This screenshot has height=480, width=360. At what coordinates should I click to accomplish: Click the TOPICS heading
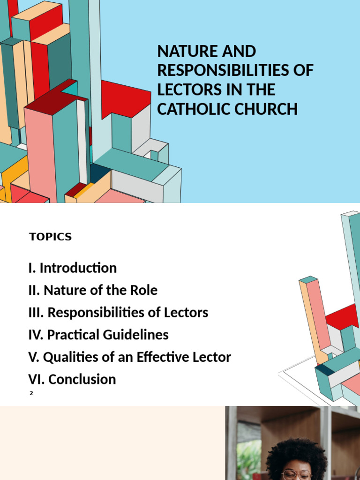click(50, 237)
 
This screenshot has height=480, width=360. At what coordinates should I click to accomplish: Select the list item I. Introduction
click(72, 268)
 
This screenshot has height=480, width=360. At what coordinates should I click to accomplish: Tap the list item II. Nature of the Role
click(93, 290)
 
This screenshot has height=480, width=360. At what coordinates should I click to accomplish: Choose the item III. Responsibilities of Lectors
click(118, 313)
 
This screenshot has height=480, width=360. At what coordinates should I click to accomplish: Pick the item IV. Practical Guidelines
click(98, 335)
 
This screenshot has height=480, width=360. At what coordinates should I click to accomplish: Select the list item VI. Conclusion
click(72, 379)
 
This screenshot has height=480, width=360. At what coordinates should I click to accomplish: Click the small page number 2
click(31, 393)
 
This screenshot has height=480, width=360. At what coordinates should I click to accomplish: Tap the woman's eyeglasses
click(296, 474)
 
